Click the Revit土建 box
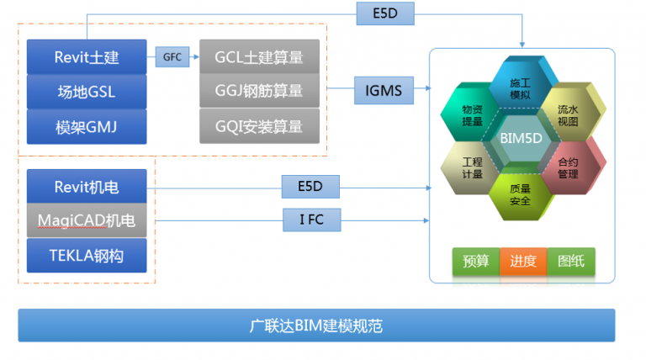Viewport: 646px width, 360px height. pos(87,57)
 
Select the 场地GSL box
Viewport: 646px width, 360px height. pos(87,92)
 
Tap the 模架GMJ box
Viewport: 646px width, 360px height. pos(87,127)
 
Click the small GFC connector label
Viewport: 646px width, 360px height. pos(172,57)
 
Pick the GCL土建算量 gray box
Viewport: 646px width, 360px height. pos(259,57)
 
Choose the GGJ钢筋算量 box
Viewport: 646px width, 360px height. pos(259,91)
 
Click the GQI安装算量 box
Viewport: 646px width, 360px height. pos(259,126)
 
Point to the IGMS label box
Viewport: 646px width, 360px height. pos(384,88)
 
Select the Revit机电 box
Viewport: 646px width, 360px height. pos(87,186)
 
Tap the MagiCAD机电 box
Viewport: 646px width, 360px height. pos(87,220)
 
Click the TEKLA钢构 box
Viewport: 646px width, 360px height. pos(87,256)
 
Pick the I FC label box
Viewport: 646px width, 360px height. pos(310,221)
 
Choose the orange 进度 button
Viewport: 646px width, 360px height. pos(522,262)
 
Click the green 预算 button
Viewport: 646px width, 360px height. pos(476,262)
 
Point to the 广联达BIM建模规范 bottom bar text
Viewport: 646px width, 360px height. pos(315,325)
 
